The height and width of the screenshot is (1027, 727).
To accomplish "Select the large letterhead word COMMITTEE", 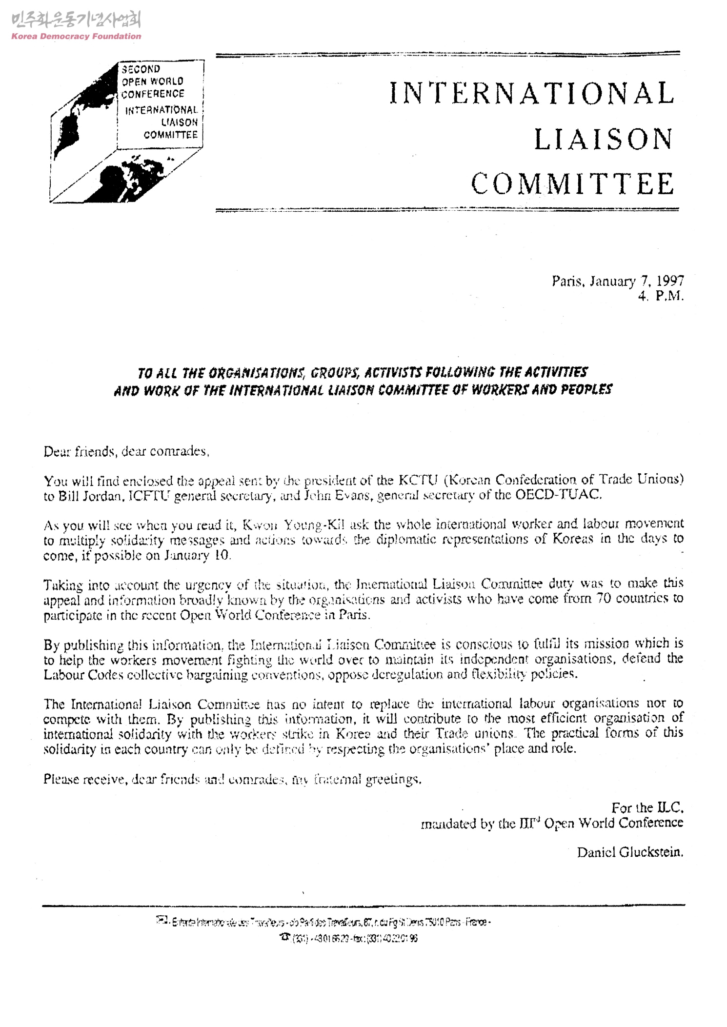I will click(573, 184).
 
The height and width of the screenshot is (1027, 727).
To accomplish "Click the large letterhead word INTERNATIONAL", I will click(531, 94).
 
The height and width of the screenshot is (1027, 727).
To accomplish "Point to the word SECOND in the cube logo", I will click(141, 69).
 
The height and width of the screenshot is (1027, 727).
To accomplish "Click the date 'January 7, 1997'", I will click(636, 281).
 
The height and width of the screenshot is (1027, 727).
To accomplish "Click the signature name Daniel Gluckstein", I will click(630, 852).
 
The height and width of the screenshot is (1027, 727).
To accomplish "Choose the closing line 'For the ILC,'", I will click(647, 807).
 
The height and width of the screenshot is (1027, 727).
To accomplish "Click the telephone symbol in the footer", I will click(283, 937).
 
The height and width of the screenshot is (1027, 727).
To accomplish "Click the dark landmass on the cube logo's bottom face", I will click(122, 178).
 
